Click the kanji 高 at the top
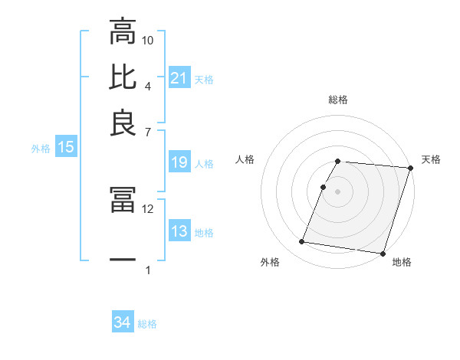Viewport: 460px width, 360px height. tap(123, 34)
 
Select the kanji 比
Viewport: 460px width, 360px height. tap(123, 77)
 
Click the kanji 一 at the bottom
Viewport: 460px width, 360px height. tap(123, 260)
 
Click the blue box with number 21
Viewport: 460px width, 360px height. tap(179, 77)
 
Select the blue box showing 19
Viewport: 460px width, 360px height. tap(179, 162)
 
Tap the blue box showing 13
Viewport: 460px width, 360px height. tap(179, 231)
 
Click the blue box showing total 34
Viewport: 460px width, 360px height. tap(123, 322)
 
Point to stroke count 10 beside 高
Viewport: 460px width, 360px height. tap(148, 40)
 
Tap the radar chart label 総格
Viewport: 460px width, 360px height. tap(338, 100)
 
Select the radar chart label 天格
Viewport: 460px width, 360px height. tap(431, 159)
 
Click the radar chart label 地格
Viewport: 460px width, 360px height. tap(402, 263)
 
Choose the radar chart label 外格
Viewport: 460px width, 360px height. tap(270, 263)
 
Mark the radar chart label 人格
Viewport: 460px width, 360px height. tap(245, 159)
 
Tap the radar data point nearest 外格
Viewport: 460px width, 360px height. tap(302, 242)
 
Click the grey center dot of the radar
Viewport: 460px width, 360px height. tap(338, 191)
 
